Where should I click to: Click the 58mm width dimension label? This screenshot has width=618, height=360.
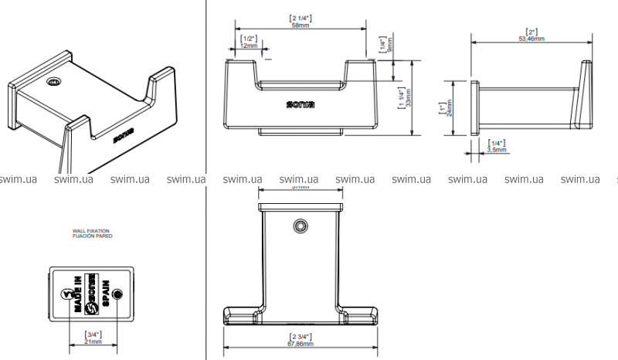point(300,25)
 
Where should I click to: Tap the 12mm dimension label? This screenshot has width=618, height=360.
point(249,45)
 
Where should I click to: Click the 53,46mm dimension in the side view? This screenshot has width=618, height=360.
point(531,37)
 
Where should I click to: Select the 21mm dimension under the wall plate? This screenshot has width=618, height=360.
point(94,341)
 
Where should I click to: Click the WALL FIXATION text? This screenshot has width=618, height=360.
point(91,230)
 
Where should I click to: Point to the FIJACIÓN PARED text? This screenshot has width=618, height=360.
point(92,236)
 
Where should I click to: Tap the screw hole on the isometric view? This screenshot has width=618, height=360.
point(54,83)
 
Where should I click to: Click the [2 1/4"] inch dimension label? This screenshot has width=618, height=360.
point(300,16)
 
